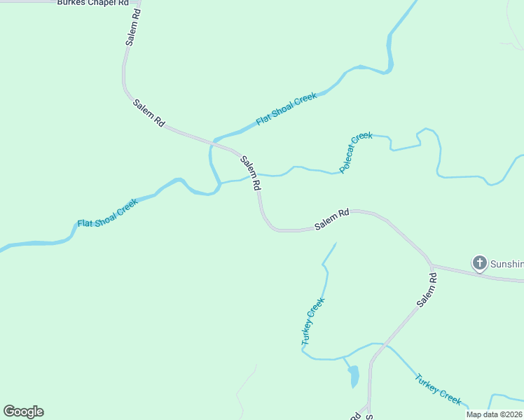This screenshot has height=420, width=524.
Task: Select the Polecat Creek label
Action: [x=356, y=153]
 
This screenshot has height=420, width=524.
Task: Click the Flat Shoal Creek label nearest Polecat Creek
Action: [x=287, y=108]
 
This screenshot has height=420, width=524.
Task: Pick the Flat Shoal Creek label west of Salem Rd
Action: [x=108, y=213]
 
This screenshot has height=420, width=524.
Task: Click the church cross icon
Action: [x=479, y=263]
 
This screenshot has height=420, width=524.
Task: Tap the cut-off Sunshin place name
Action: [x=506, y=264]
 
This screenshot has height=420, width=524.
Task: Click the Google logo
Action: [x=23, y=412]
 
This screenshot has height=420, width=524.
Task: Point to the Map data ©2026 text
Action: [x=495, y=414]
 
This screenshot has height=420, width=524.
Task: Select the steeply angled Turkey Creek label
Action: [x=312, y=322]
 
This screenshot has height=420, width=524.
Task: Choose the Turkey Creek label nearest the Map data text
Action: [x=438, y=389]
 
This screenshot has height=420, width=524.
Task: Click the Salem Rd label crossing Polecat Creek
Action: [x=251, y=173]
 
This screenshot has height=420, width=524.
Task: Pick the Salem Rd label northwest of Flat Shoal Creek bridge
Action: [x=149, y=112]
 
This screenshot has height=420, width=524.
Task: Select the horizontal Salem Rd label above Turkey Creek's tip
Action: [x=332, y=220]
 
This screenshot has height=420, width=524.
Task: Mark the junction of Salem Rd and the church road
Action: [x=431, y=265]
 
